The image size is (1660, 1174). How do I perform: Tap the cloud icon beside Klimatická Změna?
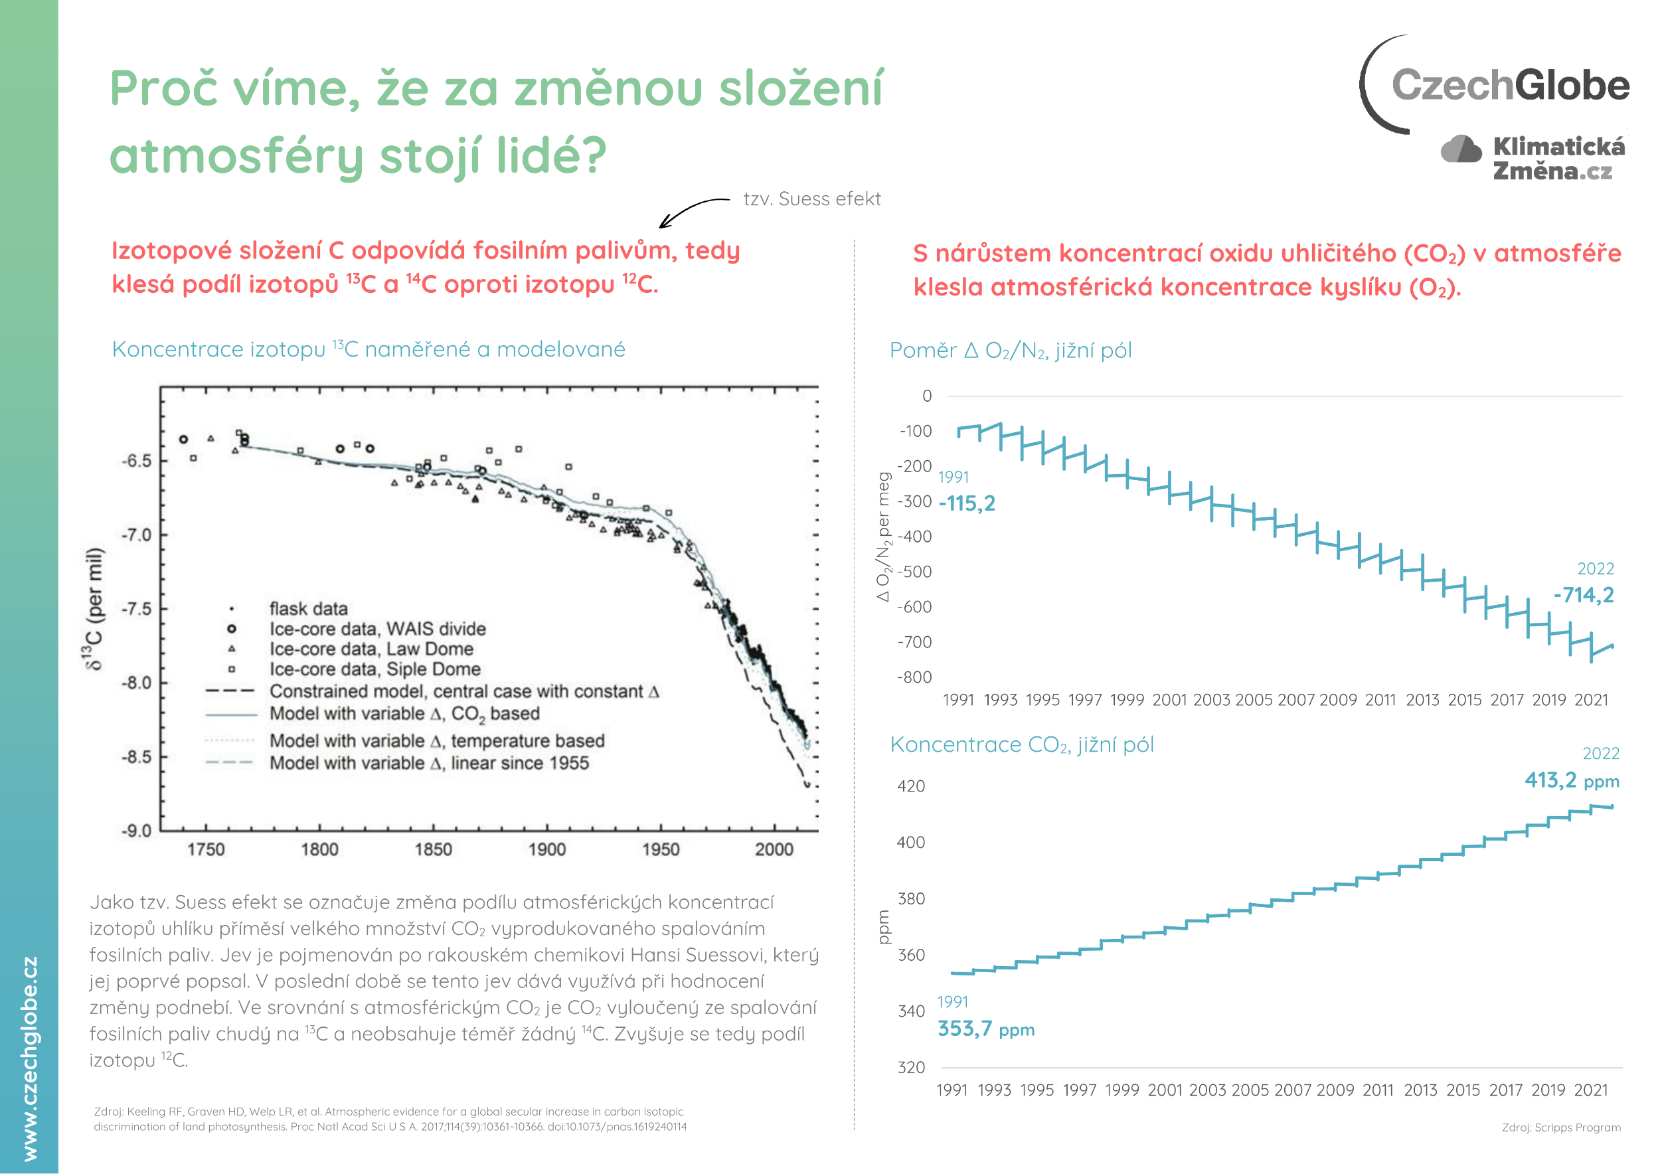coord(1460,149)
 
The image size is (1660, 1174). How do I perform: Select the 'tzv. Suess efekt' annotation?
coord(812,199)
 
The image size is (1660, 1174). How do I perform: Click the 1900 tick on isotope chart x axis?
coord(546,849)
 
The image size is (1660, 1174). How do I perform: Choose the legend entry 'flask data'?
coord(308,609)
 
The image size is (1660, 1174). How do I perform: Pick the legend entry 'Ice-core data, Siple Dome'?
coord(374,669)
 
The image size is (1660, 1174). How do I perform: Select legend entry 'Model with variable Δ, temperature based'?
coord(437,741)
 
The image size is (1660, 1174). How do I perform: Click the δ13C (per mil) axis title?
coord(95,610)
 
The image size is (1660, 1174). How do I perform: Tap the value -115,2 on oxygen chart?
coord(967,503)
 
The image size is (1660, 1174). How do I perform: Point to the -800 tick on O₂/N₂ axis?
coord(914,677)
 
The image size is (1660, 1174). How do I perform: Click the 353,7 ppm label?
coord(985,1029)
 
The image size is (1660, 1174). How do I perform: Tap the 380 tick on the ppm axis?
coord(911,898)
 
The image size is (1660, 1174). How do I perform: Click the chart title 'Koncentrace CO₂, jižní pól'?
coord(1022,744)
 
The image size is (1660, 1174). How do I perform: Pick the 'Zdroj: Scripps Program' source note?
coord(1561,1128)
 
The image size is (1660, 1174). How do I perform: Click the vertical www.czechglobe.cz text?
coord(30,1058)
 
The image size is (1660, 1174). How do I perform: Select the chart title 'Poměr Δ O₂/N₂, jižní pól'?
coord(1010,351)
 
